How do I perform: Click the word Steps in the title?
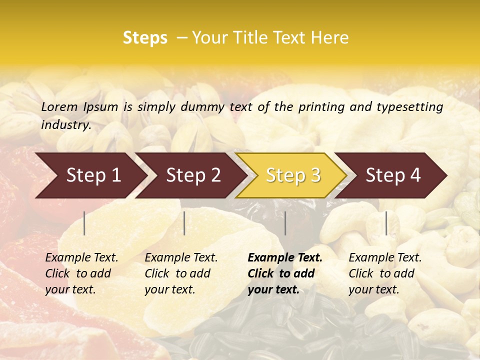tap(145, 38)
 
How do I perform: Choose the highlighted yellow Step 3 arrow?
tap(293, 175)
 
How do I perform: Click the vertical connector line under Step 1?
tap(84, 223)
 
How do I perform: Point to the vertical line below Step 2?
tap(184, 223)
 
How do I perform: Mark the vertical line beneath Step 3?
tap(285, 223)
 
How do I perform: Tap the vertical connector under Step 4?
tap(386, 223)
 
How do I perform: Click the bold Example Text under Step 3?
tap(285, 258)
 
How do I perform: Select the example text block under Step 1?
tap(81, 273)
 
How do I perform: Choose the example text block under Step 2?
tap(181, 273)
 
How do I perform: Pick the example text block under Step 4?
tap(385, 273)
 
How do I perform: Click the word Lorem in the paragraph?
tap(59, 106)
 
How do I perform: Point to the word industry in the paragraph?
tap(66, 125)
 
